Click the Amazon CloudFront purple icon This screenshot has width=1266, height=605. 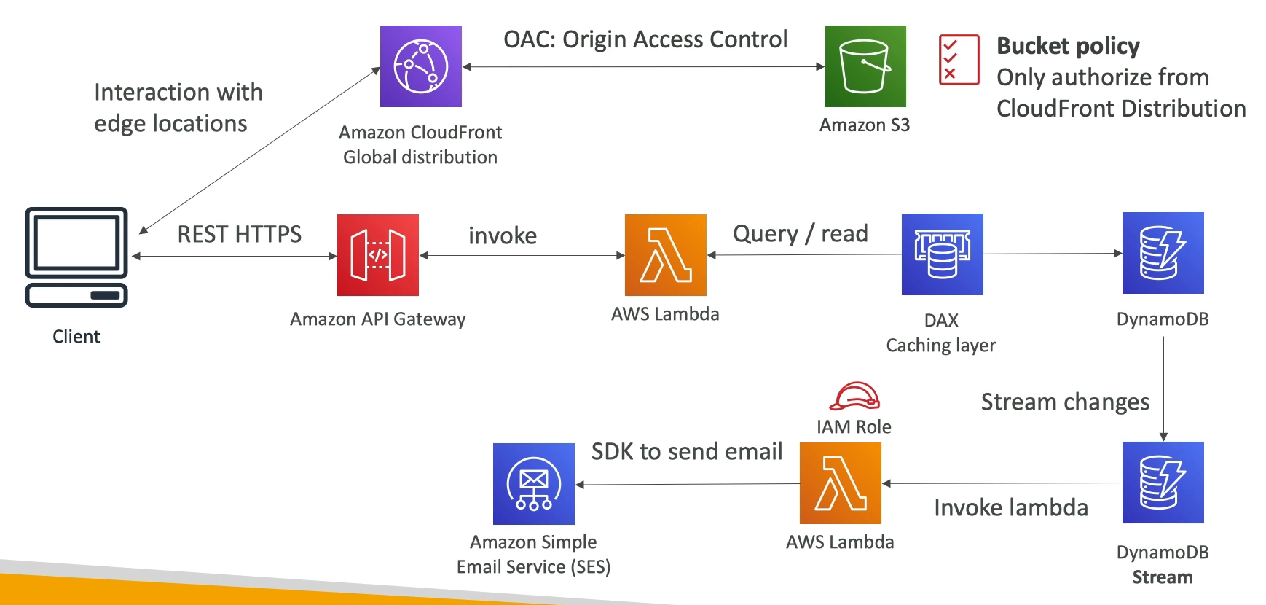tap(420, 66)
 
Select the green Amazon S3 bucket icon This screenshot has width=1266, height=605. tap(865, 66)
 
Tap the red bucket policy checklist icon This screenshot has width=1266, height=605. tap(959, 60)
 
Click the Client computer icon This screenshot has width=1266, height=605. tap(76, 257)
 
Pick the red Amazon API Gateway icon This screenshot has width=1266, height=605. tap(377, 255)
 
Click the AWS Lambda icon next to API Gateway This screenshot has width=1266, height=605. tap(665, 255)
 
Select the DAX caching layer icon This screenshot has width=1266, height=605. tap(942, 254)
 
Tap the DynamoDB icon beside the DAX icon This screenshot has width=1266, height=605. tap(1163, 253)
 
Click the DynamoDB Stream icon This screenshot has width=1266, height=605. tap(1163, 483)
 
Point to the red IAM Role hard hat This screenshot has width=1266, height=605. tap(854, 397)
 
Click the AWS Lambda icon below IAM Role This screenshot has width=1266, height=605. tap(840, 483)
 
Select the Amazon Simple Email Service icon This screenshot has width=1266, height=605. tap(533, 484)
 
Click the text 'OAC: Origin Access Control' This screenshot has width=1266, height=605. tap(645, 39)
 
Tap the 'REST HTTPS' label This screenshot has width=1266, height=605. tap(239, 234)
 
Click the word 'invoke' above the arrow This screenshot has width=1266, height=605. tap(503, 235)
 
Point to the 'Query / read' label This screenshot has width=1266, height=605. tap(800, 233)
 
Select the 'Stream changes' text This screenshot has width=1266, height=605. tap(1065, 402)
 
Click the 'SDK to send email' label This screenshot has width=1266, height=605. tap(686, 451)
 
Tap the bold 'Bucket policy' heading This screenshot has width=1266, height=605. tap(1068, 46)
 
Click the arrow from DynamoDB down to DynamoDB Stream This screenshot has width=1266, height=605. tap(1163, 386)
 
